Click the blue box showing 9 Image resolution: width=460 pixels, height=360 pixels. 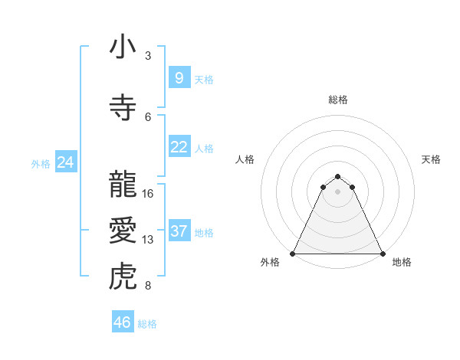click(179, 78)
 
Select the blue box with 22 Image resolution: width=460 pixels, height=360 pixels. click(179, 147)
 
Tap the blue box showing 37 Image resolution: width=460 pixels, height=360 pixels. click(179, 231)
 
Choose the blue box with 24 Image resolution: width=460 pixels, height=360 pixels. click(65, 162)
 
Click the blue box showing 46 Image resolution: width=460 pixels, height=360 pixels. click(123, 322)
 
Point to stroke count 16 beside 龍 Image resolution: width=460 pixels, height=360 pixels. click(148, 193)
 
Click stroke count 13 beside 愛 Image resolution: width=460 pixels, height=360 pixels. click(148, 240)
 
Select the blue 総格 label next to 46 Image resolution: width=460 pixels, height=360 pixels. click(147, 324)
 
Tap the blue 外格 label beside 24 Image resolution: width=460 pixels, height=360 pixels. click(41, 163)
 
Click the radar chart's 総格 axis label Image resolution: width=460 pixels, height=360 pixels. click(338, 100)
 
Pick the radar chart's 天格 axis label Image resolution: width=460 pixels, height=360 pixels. click(432, 159)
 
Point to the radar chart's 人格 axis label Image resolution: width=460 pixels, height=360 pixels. click(245, 159)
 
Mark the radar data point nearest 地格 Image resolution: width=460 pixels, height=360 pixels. click(383, 253)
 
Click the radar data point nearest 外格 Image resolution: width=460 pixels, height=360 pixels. click(293, 253)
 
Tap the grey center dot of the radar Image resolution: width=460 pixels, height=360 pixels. click(338, 191)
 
